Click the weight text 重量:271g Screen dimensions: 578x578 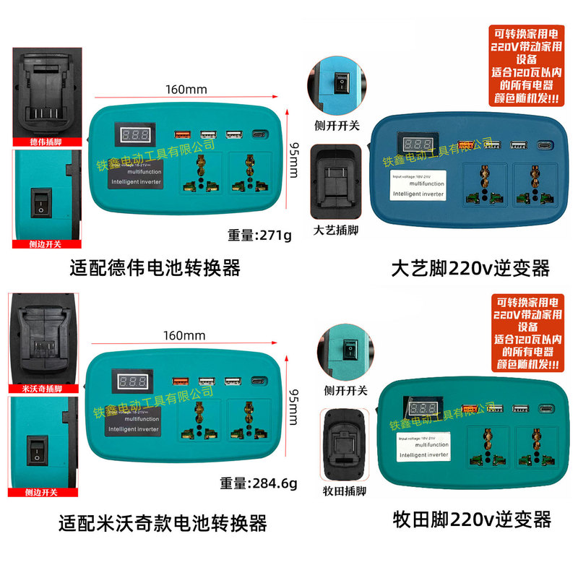point(259,236)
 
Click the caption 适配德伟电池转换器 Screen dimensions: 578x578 point(155,269)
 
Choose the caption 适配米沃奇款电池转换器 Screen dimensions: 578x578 point(163,522)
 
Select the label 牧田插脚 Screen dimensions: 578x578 point(345,491)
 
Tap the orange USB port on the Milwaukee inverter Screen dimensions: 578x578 point(181,381)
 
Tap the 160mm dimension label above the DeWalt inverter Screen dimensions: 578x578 point(186,90)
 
